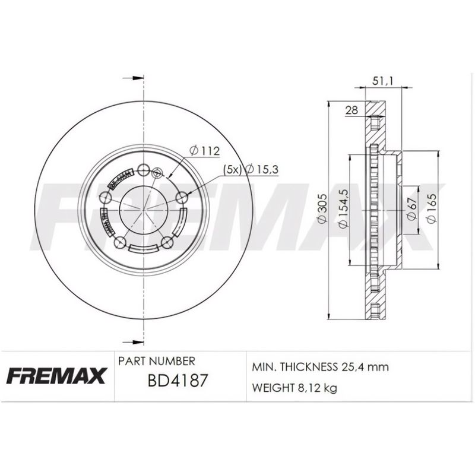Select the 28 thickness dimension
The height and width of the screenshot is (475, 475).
(x=351, y=109)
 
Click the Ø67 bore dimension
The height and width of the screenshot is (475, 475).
(x=410, y=210)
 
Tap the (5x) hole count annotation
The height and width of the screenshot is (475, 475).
(x=232, y=169)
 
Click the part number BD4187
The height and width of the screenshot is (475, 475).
(x=176, y=380)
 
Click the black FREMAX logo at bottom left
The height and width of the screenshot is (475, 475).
(x=56, y=376)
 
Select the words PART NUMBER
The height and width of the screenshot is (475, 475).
(x=157, y=360)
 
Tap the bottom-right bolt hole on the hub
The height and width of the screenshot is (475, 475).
(x=168, y=241)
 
